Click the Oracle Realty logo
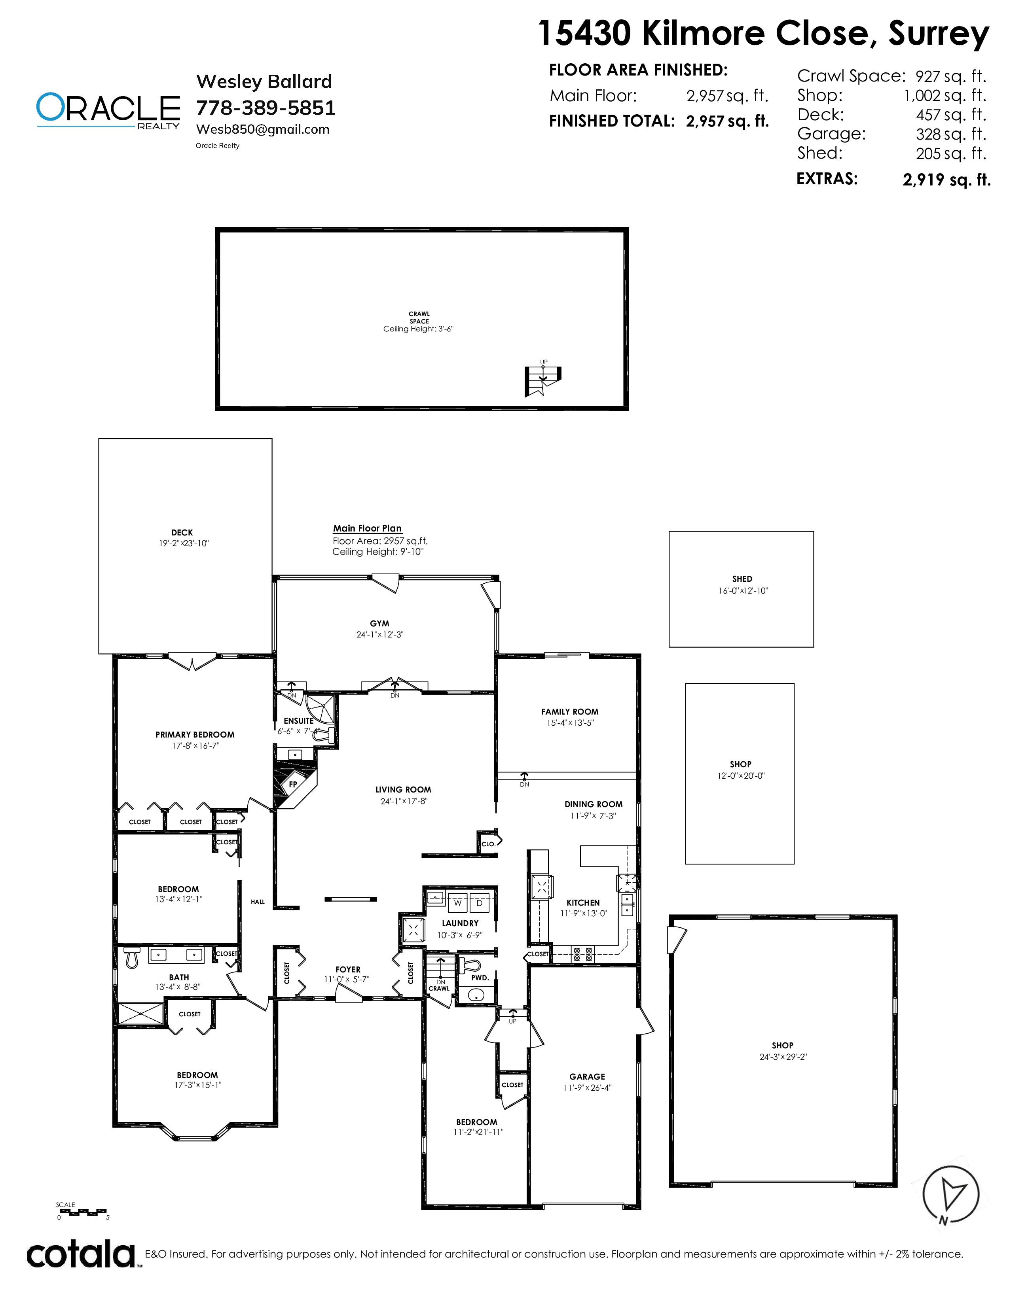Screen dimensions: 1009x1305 tap(108, 111)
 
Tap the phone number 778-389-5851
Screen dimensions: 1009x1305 tap(266, 108)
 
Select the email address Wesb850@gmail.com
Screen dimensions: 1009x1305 tap(262, 130)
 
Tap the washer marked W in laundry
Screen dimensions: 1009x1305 tap(458, 903)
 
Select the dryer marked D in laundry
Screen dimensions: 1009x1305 tap(480, 903)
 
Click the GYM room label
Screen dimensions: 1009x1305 tap(379, 624)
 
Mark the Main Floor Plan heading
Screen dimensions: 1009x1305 tap(367, 528)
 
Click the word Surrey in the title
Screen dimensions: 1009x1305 tap(939, 34)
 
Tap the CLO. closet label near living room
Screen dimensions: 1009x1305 tap(488, 844)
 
